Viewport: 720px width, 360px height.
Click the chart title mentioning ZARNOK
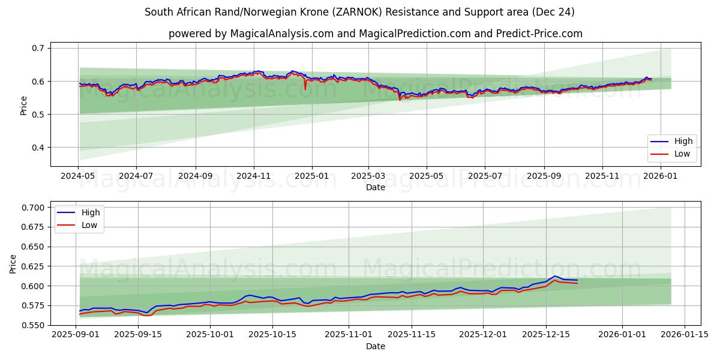(x=359, y=12)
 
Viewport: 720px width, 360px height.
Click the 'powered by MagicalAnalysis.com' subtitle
(x=375, y=34)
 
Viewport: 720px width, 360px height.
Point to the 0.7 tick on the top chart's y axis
(x=38, y=48)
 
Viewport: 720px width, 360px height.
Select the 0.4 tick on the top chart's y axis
(x=38, y=148)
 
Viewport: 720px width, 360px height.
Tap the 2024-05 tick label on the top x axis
(x=78, y=176)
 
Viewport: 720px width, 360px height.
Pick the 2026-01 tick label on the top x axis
(x=661, y=176)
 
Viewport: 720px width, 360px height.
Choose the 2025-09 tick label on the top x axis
(x=544, y=176)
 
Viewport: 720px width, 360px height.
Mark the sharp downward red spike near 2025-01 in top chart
(x=305, y=89)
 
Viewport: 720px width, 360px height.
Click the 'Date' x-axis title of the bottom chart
(x=375, y=346)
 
